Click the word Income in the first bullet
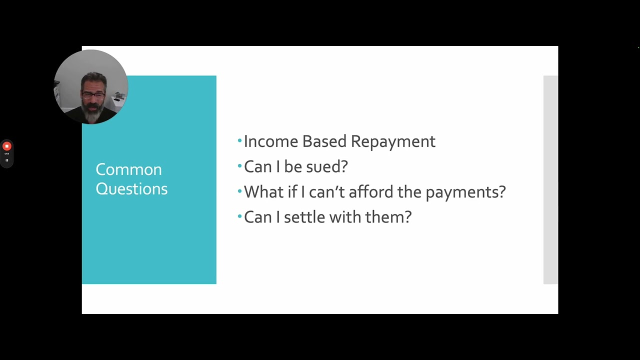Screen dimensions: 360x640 pyautogui.click(x=270, y=141)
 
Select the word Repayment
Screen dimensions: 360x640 pyautogui.click(x=393, y=141)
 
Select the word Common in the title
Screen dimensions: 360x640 pyautogui.click(x=128, y=169)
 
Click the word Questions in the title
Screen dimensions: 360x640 pyautogui.click(x=131, y=188)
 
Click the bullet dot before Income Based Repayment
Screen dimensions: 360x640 pyautogui.click(x=239, y=140)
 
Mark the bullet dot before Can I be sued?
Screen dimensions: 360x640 pyautogui.click(x=239, y=165)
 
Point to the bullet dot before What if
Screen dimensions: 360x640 pyautogui.click(x=239, y=191)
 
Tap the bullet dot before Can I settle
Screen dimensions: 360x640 pyautogui.click(x=239, y=216)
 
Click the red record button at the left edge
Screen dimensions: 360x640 pyautogui.click(x=6, y=146)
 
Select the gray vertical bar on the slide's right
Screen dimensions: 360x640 pyautogui.click(x=550, y=180)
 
